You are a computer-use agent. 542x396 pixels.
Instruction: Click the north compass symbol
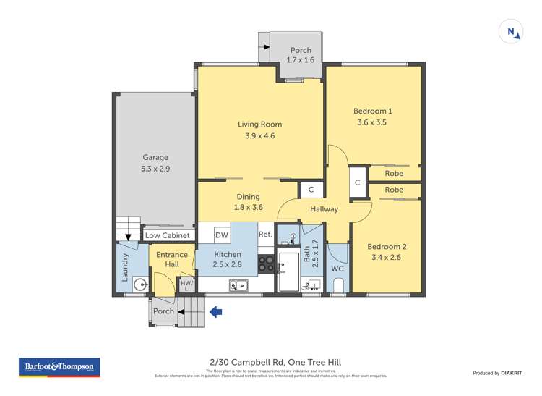click(x=511, y=32)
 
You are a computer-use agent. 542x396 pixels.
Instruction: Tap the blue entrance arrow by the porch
click(x=215, y=312)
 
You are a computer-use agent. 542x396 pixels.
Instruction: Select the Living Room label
click(x=260, y=125)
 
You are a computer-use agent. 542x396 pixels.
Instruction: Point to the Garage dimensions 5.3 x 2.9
click(x=155, y=169)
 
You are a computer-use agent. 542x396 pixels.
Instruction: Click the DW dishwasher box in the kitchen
click(x=223, y=235)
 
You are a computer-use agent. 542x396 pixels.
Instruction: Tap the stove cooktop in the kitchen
click(x=266, y=264)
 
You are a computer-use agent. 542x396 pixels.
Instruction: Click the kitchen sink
click(x=239, y=285)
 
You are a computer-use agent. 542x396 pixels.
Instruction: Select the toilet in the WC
click(x=338, y=286)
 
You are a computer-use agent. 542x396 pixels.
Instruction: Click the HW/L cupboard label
click(x=186, y=285)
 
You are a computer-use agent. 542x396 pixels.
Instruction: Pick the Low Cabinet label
click(x=167, y=235)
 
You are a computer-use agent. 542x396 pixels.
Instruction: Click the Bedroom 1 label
click(x=372, y=111)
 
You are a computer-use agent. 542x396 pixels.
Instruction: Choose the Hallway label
click(x=324, y=209)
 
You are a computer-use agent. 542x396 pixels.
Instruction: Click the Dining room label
click(x=248, y=197)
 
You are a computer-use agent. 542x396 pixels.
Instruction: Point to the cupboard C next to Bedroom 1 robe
click(x=357, y=183)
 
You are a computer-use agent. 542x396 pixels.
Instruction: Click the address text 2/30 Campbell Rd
click(x=271, y=362)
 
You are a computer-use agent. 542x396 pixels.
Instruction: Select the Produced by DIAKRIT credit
click(x=497, y=373)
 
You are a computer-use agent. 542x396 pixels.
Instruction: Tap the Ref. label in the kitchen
click(x=264, y=234)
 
